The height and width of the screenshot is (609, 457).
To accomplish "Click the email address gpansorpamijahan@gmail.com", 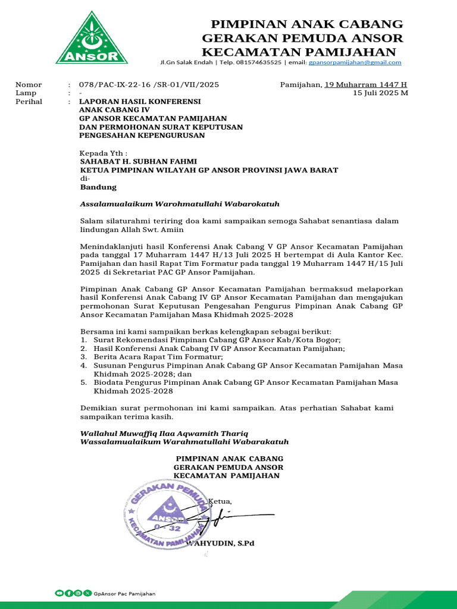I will tap(355, 62).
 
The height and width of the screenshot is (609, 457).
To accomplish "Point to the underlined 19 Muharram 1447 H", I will tap(365, 84).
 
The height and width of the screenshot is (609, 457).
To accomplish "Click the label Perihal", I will tap(29, 102).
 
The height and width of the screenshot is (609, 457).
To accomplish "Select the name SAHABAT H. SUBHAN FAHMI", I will tap(138, 161).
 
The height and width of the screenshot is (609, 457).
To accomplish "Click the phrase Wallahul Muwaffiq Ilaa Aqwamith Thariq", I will tap(164, 433).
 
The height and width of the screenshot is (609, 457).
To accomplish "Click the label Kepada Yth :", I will tap(104, 153).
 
